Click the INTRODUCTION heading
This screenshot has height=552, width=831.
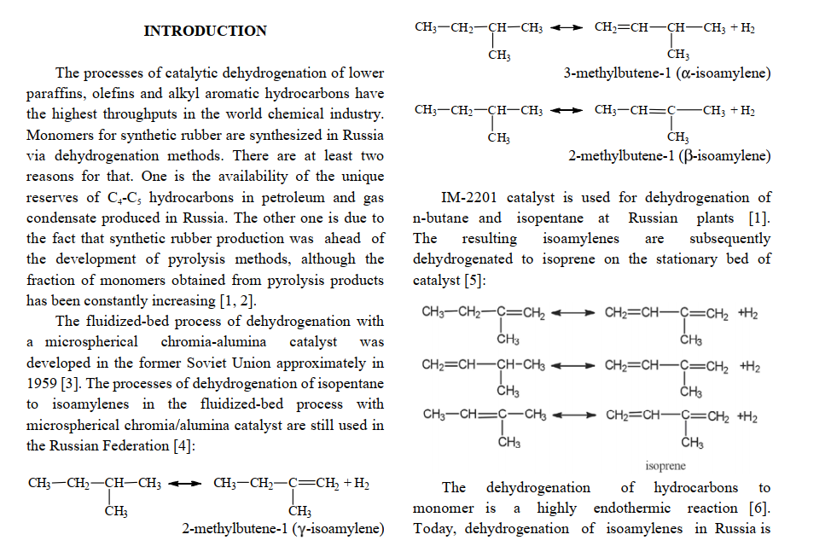point(205,32)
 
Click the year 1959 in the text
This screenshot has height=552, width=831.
point(43,383)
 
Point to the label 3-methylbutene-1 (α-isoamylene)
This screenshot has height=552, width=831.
point(667,73)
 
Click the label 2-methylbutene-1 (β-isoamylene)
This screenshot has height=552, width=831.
point(669,156)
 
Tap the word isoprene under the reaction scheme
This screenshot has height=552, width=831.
point(665,466)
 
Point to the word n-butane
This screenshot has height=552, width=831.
point(442,218)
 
